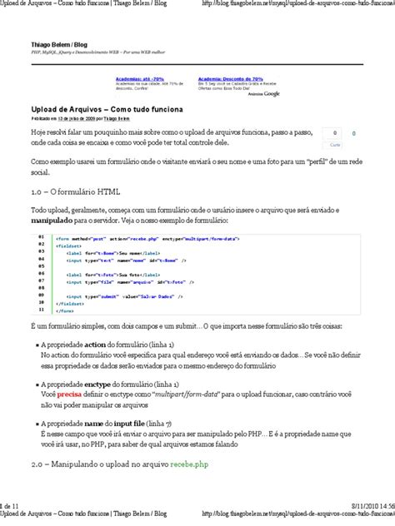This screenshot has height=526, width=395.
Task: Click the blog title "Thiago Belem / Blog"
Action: coord(61,42)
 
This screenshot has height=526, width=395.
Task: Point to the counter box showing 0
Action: coord(335,132)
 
